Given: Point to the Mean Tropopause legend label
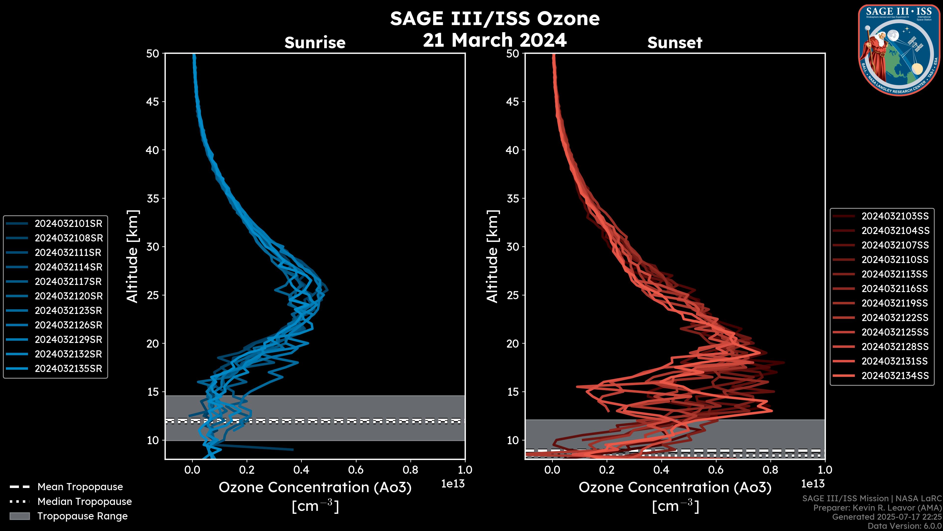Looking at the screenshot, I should [80, 487].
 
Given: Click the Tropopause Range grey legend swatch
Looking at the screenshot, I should [19, 516].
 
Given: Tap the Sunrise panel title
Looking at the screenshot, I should [315, 43].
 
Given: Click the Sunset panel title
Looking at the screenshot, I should [675, 43].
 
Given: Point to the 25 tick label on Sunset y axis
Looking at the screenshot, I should [513, 295].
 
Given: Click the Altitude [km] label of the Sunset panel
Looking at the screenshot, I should [492, 256].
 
